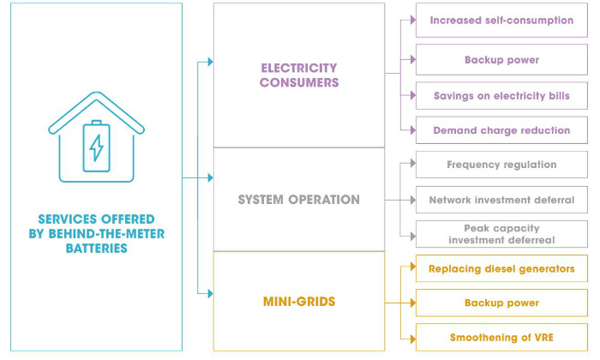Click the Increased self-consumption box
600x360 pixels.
tap(501, 20)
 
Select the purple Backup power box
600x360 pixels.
tap(501, 60)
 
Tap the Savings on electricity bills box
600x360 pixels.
tap(501, 95)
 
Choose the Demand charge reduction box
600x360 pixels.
tap(501, 130)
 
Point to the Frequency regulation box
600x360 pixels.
tap(501, 165)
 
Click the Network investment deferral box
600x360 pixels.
tap(501, 200)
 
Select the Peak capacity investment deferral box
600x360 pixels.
tap(501, 235)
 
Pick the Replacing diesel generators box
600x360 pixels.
tap(501, 268)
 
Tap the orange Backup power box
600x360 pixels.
tap(501, 303)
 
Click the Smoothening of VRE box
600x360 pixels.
tap(501, 337)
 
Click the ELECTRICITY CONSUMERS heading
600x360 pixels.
tap(299, 75)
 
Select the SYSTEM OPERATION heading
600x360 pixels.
tap(299, 200)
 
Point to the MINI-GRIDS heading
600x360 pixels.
tap(299, 302)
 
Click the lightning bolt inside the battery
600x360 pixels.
tap(96, 147)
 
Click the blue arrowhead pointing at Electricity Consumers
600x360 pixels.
tap(209, 62)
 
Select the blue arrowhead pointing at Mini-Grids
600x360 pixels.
tap(209, 293)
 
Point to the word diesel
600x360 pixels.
tap(499, 268)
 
